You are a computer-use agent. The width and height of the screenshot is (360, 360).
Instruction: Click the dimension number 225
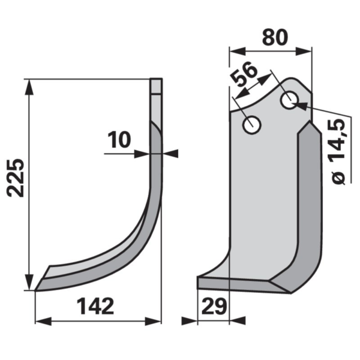(x=16, y=178)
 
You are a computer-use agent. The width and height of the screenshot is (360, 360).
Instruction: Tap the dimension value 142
(x=95, y=306)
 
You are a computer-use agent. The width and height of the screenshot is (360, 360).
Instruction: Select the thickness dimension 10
(x=119, y=140)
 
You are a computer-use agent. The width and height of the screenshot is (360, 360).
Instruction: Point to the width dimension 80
(x=275, y=37)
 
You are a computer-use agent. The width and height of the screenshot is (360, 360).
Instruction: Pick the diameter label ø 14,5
(x=338, y=152)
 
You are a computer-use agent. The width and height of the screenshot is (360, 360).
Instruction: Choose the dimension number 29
(x=214, y=306)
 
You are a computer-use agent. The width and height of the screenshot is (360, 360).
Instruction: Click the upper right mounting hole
(x=290, y=100)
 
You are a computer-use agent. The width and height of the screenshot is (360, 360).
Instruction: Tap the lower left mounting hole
(x=251, y=125)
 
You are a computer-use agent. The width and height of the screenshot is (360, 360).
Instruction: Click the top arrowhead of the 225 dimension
(x=29, y=87)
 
